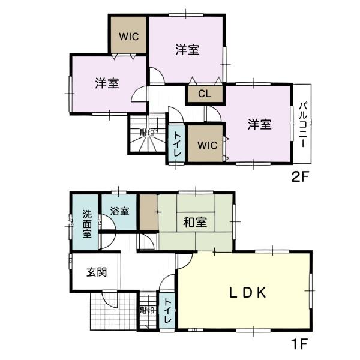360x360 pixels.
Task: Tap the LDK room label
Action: tap(247, 292)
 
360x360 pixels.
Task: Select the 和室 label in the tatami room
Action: tap(195, 223)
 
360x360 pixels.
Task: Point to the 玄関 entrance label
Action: tap(96, 272)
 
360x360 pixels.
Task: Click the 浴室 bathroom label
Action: tap(119, 211)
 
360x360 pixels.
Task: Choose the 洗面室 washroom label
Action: tap(88, 223)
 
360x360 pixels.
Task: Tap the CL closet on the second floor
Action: tap(205, 94)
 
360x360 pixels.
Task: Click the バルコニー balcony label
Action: tap(303, 125)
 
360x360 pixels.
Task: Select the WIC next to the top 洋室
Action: tap(128, 36)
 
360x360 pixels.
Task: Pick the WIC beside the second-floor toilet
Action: tap(205, 145)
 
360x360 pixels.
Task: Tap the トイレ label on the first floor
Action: tap(166, 311)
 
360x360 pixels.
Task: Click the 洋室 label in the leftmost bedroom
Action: tap(107, 83)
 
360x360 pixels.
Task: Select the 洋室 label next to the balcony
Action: tap(260, 124)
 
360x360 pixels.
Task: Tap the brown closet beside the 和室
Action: tap(148, 212)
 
